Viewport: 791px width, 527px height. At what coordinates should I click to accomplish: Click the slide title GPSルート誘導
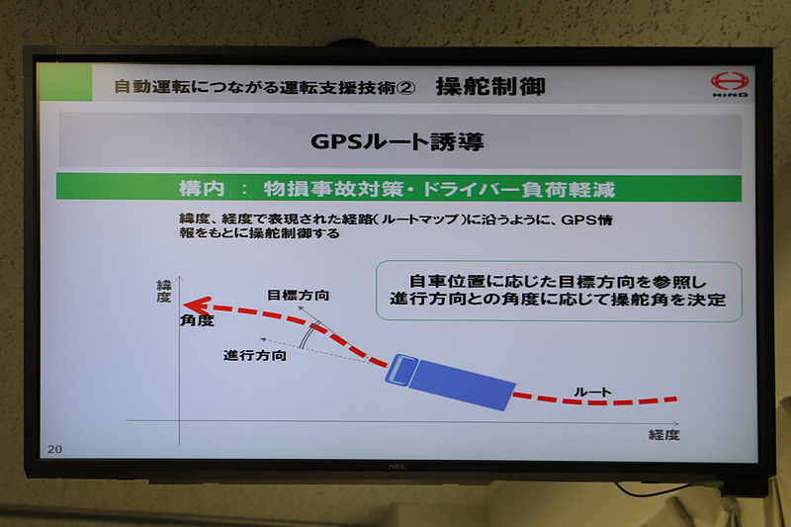(x=397, y=140)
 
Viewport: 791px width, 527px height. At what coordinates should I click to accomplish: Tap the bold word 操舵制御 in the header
(x=490, y=86)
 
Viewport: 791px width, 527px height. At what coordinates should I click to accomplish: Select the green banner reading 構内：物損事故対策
(x=397, y=188)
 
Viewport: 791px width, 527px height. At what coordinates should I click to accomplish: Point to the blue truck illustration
(x=451, y=378)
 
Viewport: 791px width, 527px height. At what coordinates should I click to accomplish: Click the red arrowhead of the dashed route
(x=200, y=306)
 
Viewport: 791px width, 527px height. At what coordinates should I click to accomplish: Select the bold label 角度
(x=198, y=321)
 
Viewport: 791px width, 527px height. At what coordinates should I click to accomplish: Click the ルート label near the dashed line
(x=592, y=392)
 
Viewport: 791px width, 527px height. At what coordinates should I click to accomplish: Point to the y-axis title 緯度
(x=164, y=291)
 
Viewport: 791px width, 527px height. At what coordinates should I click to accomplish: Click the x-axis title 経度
(x=664, y=434)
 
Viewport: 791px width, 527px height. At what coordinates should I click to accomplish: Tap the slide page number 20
(x=54, y=449)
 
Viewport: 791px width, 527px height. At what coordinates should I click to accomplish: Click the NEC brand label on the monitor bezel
(x=395, y=464)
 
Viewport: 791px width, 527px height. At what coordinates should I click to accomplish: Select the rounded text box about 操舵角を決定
(x=559, y=290)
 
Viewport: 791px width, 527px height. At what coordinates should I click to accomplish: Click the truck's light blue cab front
(x=398, y=370)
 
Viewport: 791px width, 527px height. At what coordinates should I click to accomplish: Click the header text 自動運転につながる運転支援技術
(x=255, y=87)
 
